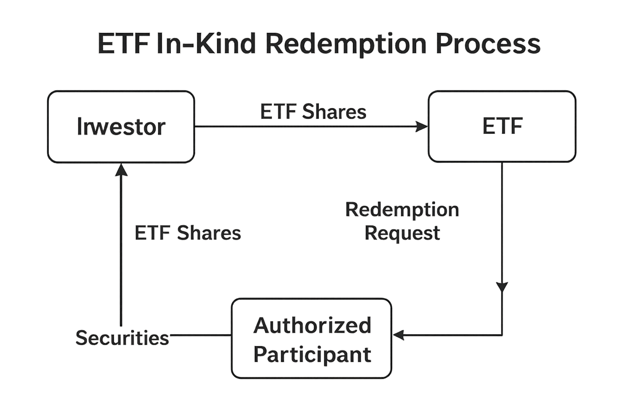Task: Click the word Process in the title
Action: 488,44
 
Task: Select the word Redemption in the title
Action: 346,44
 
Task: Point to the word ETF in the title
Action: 123,44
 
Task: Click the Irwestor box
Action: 121,126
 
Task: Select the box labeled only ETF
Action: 502,126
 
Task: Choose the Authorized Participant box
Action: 311,338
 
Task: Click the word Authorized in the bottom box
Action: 312,325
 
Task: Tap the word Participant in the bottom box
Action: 312,354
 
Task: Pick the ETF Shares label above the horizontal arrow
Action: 313,112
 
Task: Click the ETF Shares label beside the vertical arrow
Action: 188,233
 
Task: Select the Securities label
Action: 122,338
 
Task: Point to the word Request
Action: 402,233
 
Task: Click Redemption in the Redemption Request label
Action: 402,210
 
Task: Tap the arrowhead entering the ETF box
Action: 422,127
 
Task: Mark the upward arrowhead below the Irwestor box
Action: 121,169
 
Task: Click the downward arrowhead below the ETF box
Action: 502,287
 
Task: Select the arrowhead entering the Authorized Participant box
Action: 399,335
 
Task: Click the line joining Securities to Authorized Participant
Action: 200,335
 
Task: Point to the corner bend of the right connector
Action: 502,335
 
